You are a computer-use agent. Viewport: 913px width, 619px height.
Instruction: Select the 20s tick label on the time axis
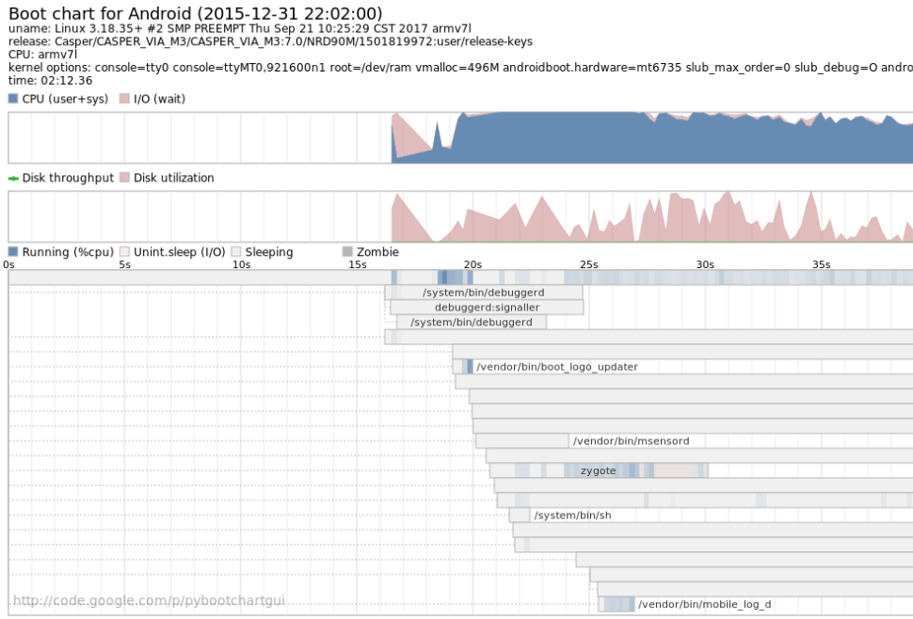click(x=473, y=265)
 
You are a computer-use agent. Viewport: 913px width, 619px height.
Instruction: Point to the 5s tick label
click(x=124, y=265)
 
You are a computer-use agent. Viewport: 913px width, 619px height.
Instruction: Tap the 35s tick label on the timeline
click(x=822, y=265)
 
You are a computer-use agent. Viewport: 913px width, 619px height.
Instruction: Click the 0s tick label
click(x=8, y=265)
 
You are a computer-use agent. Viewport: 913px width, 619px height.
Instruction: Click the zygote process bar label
click(x=599, y=470)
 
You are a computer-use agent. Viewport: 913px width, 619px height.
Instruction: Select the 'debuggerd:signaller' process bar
click(x=487, y=308)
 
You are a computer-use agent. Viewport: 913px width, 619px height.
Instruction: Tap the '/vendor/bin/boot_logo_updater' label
click(x=557, y=367)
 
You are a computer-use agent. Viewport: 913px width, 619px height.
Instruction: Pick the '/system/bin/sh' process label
click(x=572, y=516)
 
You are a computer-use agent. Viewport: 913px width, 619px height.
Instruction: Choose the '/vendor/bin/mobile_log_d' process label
click(x=704, y=604)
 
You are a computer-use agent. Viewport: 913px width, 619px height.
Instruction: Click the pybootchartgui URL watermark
click(x=149, y=600)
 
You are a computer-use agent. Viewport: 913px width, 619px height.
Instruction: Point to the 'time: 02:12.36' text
click(x=51, y=80)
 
